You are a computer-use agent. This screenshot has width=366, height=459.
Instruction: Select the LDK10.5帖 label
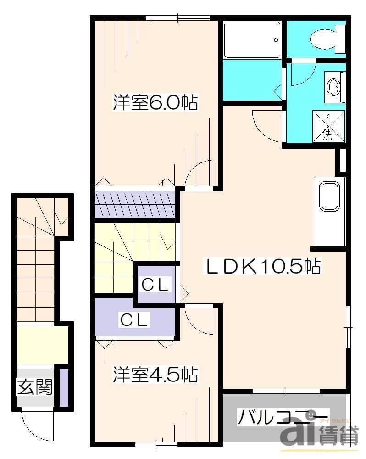(262, 266)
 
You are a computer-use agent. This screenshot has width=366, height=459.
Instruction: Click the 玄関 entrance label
(34, 387)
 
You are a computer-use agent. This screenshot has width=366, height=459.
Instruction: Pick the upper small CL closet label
(155, 285)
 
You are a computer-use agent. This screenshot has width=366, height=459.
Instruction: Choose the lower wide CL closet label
(134, 319)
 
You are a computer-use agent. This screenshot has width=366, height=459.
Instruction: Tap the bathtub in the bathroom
(252, 40)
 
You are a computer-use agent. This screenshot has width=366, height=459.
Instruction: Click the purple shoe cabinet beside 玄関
(64, 387)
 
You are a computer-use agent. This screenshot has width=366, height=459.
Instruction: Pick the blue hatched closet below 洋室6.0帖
(135, 204)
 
